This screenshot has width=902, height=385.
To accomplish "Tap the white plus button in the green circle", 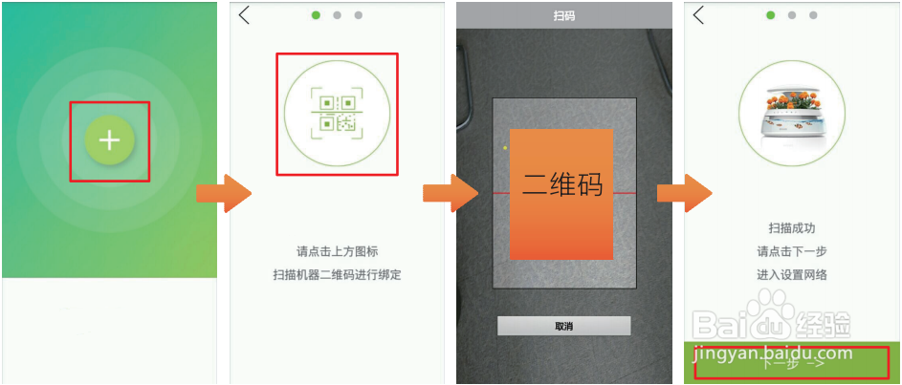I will pos(110,140).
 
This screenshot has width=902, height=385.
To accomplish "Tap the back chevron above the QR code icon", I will pos(245,14).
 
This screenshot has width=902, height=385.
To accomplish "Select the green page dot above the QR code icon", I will pos(316,15).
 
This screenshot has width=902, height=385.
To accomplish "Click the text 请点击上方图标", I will pos(337,252).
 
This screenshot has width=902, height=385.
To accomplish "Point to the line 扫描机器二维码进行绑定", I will pos(337,275).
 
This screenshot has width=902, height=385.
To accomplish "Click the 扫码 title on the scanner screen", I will pos(564,15).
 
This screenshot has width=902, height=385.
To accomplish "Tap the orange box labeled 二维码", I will pos(562,193).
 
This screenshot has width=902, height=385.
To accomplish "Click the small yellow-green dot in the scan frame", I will pos(504,147).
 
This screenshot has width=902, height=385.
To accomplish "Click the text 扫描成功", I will pos(792,229).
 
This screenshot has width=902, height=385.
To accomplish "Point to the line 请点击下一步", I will pos(792,252).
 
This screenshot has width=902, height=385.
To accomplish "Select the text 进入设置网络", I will pos(792,275).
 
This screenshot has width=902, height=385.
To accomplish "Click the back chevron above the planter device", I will pos(699,14).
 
